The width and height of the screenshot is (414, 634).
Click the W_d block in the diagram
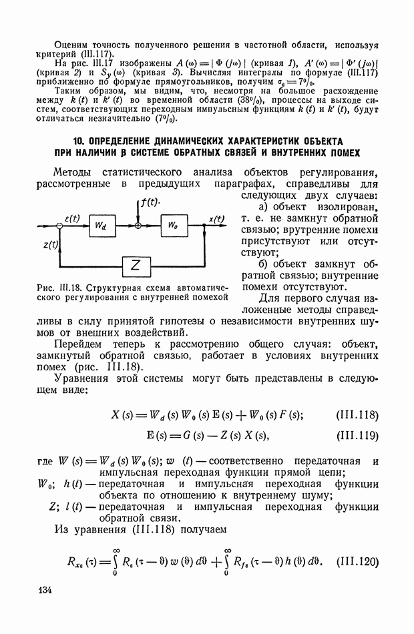click(x=99, y=226)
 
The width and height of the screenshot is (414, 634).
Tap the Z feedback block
click(x=136, y=266)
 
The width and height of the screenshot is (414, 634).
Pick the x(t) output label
click(x=216, y=218)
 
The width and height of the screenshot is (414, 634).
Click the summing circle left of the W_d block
click(x=60, y=227)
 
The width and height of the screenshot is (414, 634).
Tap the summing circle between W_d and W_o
click(x=138, y=227)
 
